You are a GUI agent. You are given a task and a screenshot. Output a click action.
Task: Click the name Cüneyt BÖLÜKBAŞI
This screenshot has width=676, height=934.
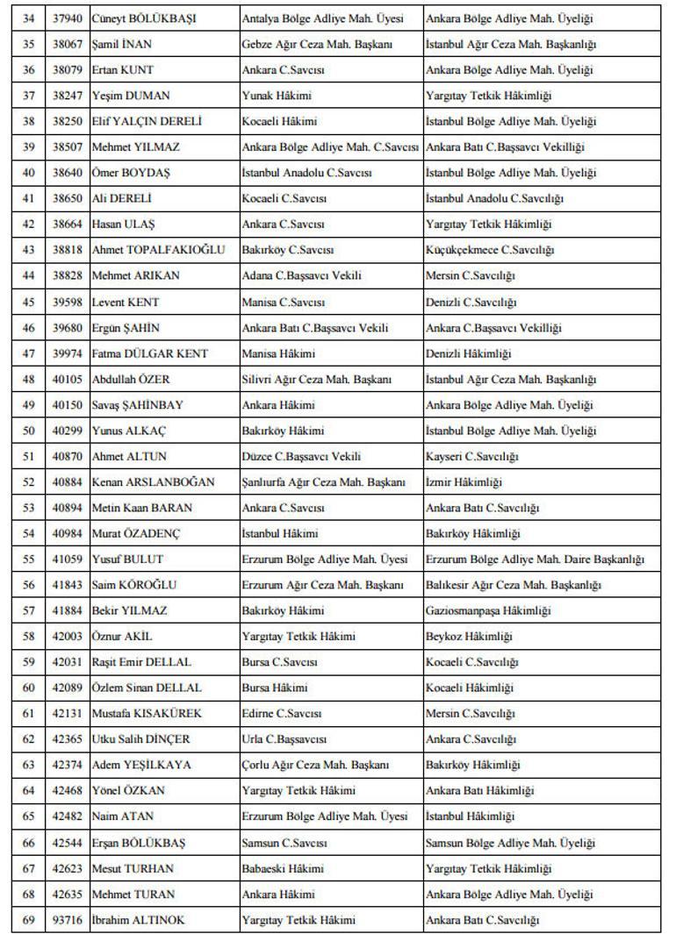click(143, 18)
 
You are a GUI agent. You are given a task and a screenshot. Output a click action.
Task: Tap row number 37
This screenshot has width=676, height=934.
click(28, 96)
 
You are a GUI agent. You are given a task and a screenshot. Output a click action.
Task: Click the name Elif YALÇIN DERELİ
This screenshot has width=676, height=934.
click(147, 121)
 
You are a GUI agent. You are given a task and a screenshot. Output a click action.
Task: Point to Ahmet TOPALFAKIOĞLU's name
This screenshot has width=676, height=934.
click(158, 250)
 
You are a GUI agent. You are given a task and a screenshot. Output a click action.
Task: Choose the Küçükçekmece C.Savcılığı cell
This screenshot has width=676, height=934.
click(490, 250)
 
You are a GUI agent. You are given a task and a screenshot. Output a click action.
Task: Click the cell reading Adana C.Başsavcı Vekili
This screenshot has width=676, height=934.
click(301, 275)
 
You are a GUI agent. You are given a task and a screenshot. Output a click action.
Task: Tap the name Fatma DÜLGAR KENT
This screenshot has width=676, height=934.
click(150, 353)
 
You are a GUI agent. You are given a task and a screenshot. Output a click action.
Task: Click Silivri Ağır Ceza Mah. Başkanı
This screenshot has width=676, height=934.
click(316, 380)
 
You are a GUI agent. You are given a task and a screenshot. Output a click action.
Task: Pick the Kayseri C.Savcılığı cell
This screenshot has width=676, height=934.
click(472, 457)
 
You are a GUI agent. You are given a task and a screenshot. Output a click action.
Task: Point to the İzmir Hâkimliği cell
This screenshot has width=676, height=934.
click(464, 482)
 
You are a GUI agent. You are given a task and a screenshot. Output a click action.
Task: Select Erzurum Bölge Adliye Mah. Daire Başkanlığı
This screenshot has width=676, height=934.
click(535, 560)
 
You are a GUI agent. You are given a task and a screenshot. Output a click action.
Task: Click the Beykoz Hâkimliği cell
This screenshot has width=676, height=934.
click(469, 637)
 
